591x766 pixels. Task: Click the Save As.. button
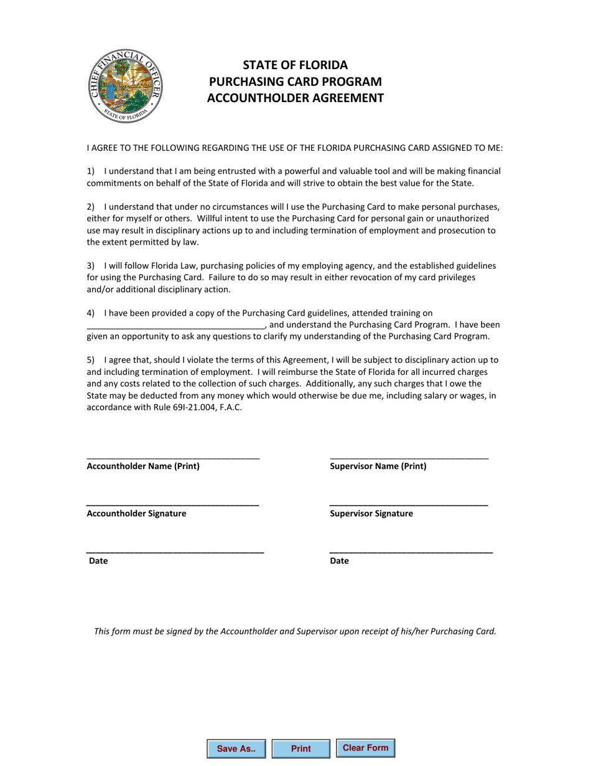pyautogui.click(x=236, y=749)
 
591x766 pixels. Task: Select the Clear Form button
pyautogui.click(x=365, y=748)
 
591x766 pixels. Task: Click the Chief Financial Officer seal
pyautogui.click(x=124, y=85)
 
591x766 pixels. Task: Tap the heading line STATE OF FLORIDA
pyautogui.click(x=295, y=65)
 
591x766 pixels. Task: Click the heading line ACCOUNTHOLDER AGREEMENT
pyautogui.click(x=295, y=98)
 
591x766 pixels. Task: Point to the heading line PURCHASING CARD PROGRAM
pyautogui.click(x=295, y=82)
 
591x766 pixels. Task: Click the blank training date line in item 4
pyautogui.click(x=176, y=326)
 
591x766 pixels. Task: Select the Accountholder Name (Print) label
pyautogui.click(x=143, y=466)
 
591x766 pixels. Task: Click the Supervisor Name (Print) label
pyautogui.click(x=378, y=466)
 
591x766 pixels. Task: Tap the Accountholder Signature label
pyautogui.click(x=136, y=514)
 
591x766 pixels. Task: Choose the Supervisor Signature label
pyautogui.click(x=371, y=514)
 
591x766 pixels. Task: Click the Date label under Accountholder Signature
pyautogui.click(x=98, y=561)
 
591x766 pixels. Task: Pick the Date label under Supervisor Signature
pyautogui.click(x=339, y=561)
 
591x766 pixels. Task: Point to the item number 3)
pyautogui.click(x=91, y=265)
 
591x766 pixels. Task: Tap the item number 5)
pyautogui.click(x=91, y=360)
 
